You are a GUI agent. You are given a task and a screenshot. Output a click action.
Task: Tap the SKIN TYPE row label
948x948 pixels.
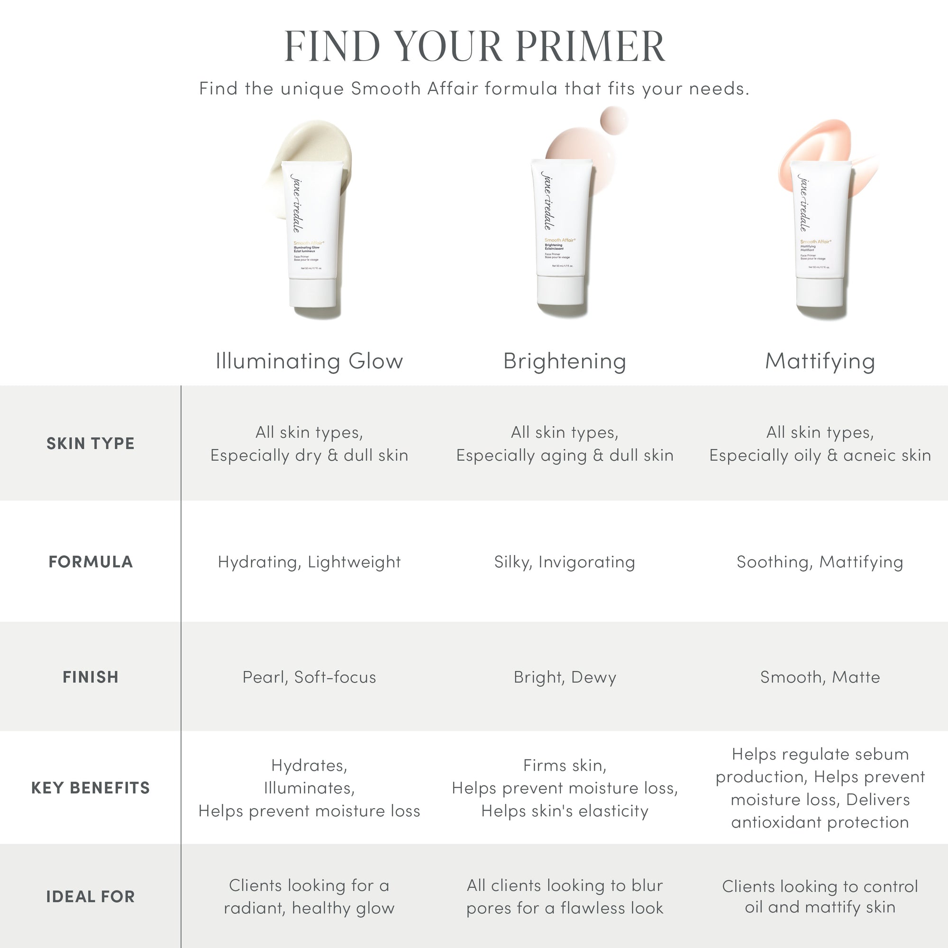tap(90, 443)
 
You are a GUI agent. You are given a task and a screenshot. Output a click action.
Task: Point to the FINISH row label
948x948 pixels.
tap(90, 677)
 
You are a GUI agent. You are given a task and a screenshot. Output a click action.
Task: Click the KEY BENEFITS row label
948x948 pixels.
tap(90, 787)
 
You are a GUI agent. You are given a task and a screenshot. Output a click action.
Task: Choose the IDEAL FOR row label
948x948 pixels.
tap(90, 896)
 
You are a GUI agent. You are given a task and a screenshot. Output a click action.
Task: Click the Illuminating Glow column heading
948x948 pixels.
tap(309, 361)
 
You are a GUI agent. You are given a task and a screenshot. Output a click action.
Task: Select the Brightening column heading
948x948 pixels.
tap(565, 361)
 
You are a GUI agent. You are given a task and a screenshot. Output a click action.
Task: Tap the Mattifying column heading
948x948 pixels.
tap(820, 361)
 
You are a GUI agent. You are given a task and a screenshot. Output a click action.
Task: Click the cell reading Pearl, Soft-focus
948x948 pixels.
tap(309, 677)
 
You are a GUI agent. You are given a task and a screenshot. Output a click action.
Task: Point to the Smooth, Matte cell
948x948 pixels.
tap(820, 677)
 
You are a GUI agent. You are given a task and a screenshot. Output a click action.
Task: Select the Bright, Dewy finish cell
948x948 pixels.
tap(565, 677)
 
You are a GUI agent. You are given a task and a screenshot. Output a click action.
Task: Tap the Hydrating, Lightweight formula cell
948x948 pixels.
tap(309, 562)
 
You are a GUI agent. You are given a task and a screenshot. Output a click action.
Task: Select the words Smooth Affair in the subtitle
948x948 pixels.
tap(414, 89)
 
